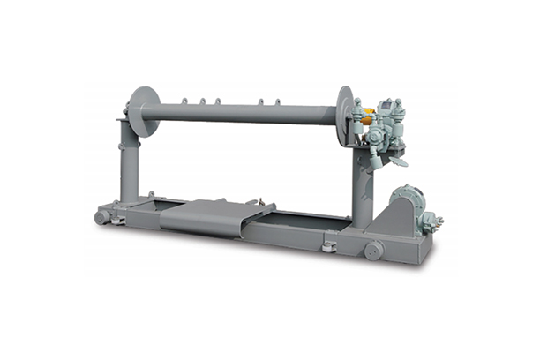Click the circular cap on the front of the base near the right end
[x=372, y=251]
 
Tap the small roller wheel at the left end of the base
[x=103, y=216]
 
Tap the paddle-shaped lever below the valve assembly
[x=397, y=161]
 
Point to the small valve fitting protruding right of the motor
[x=436, y=221]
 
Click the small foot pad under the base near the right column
[x=328, y=248]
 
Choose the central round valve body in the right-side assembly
[x=375, y=137]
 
